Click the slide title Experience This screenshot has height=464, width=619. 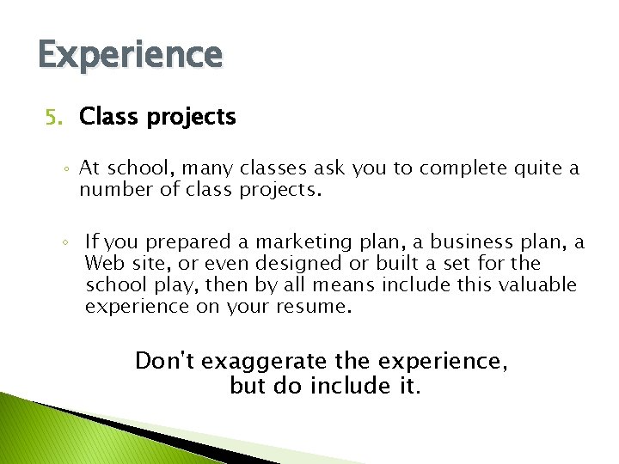coord(130,55)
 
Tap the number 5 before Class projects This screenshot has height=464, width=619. coord(51,117)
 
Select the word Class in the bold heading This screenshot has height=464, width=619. coord(107,117)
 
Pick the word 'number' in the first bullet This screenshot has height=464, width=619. coord(113,190)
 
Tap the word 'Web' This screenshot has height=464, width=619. coord(104,264)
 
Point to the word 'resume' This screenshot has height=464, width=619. coord(312,307)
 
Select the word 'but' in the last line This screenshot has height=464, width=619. coord(248,387)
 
